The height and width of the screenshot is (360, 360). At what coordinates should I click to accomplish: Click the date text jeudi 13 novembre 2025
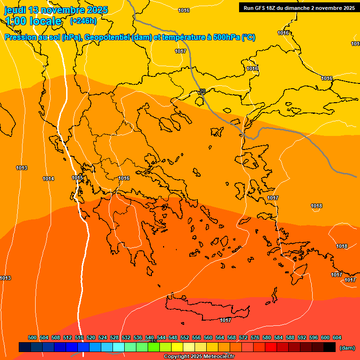tap(56, 10)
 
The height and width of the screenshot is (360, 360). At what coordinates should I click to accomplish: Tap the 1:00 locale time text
tap(33, 21)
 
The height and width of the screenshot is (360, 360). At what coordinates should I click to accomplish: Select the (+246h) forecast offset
tap(83, 21)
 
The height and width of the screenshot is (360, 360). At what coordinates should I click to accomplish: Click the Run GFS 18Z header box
tap(299, 7)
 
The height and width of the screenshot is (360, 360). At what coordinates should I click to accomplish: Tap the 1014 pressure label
tap(48, 179)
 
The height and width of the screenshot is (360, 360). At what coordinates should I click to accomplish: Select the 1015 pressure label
tap(77, 178)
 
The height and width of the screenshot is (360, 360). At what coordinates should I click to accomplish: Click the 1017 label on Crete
tap(225, 320)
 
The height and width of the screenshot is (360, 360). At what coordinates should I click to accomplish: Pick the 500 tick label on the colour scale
tap(32, 337)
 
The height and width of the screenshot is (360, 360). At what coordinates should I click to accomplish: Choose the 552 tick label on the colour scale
tap(185, 337)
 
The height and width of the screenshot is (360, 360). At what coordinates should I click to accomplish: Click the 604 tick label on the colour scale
tap(337, 337)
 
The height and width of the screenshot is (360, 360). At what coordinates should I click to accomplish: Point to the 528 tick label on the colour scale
tap(114, 337)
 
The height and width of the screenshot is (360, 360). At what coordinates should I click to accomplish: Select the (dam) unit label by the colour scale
tap(347, 348)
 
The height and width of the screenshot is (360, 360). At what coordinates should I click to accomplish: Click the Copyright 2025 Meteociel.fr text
tap(198, 357)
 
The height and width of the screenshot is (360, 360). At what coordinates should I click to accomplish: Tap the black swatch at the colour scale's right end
tap(330, 347)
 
